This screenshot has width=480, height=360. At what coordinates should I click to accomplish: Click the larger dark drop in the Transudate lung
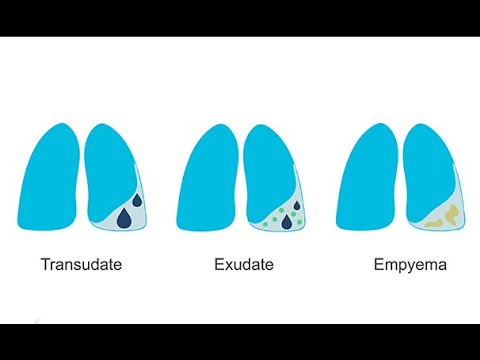pos(123,216)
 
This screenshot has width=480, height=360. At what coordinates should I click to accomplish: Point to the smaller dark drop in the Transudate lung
pos(137,201)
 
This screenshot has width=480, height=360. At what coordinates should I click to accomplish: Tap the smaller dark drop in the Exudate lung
pos(297,207)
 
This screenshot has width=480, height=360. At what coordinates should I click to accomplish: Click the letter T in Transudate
pos(46,266)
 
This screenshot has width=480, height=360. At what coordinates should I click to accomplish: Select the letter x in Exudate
pos(228,266)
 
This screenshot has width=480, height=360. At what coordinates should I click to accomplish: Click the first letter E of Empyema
pos(378,266)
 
